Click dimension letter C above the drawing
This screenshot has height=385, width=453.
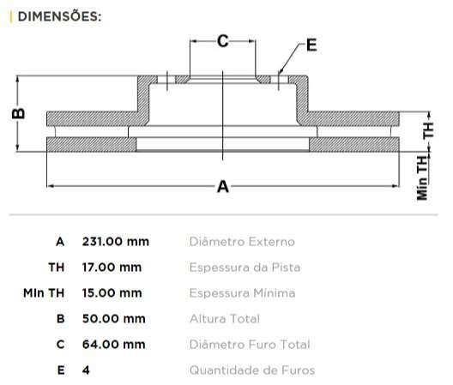click(x=222, y=40)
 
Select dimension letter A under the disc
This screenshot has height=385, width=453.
click(x=223, y=186)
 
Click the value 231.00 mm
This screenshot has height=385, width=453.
click(x=115, y=242)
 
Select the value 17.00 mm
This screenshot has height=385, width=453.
click(x=112, y=268)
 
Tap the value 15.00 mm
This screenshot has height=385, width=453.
click(x=112, y=293)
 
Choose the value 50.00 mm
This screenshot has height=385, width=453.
click(x=113, y=319)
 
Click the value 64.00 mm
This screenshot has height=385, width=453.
click(x=113, y=345)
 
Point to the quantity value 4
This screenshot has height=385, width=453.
click(x=86, y=370)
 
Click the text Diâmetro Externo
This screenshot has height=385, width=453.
click(x=241, y=242)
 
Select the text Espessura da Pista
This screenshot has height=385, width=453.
click(x=245, y=268)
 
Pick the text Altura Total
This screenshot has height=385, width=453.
click(x=224, y=319)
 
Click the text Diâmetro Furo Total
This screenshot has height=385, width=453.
click(x=249, y=345)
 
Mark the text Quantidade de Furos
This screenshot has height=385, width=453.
click(x=251, y=370)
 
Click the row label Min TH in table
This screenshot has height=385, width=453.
click(x=44, y=293)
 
